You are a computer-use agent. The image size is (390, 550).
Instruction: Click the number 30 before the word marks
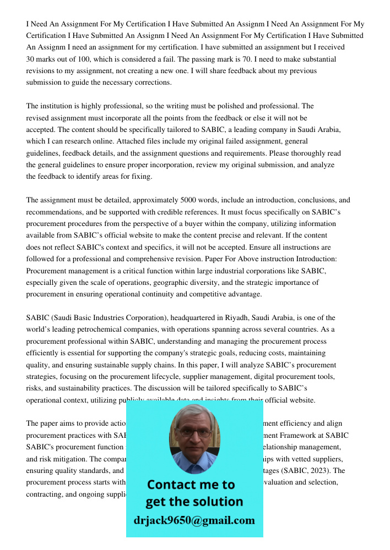(30, 59)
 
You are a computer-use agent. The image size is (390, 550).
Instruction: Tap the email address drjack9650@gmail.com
(194, 520)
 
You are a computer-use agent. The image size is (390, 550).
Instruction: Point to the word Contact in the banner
(172, 485)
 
